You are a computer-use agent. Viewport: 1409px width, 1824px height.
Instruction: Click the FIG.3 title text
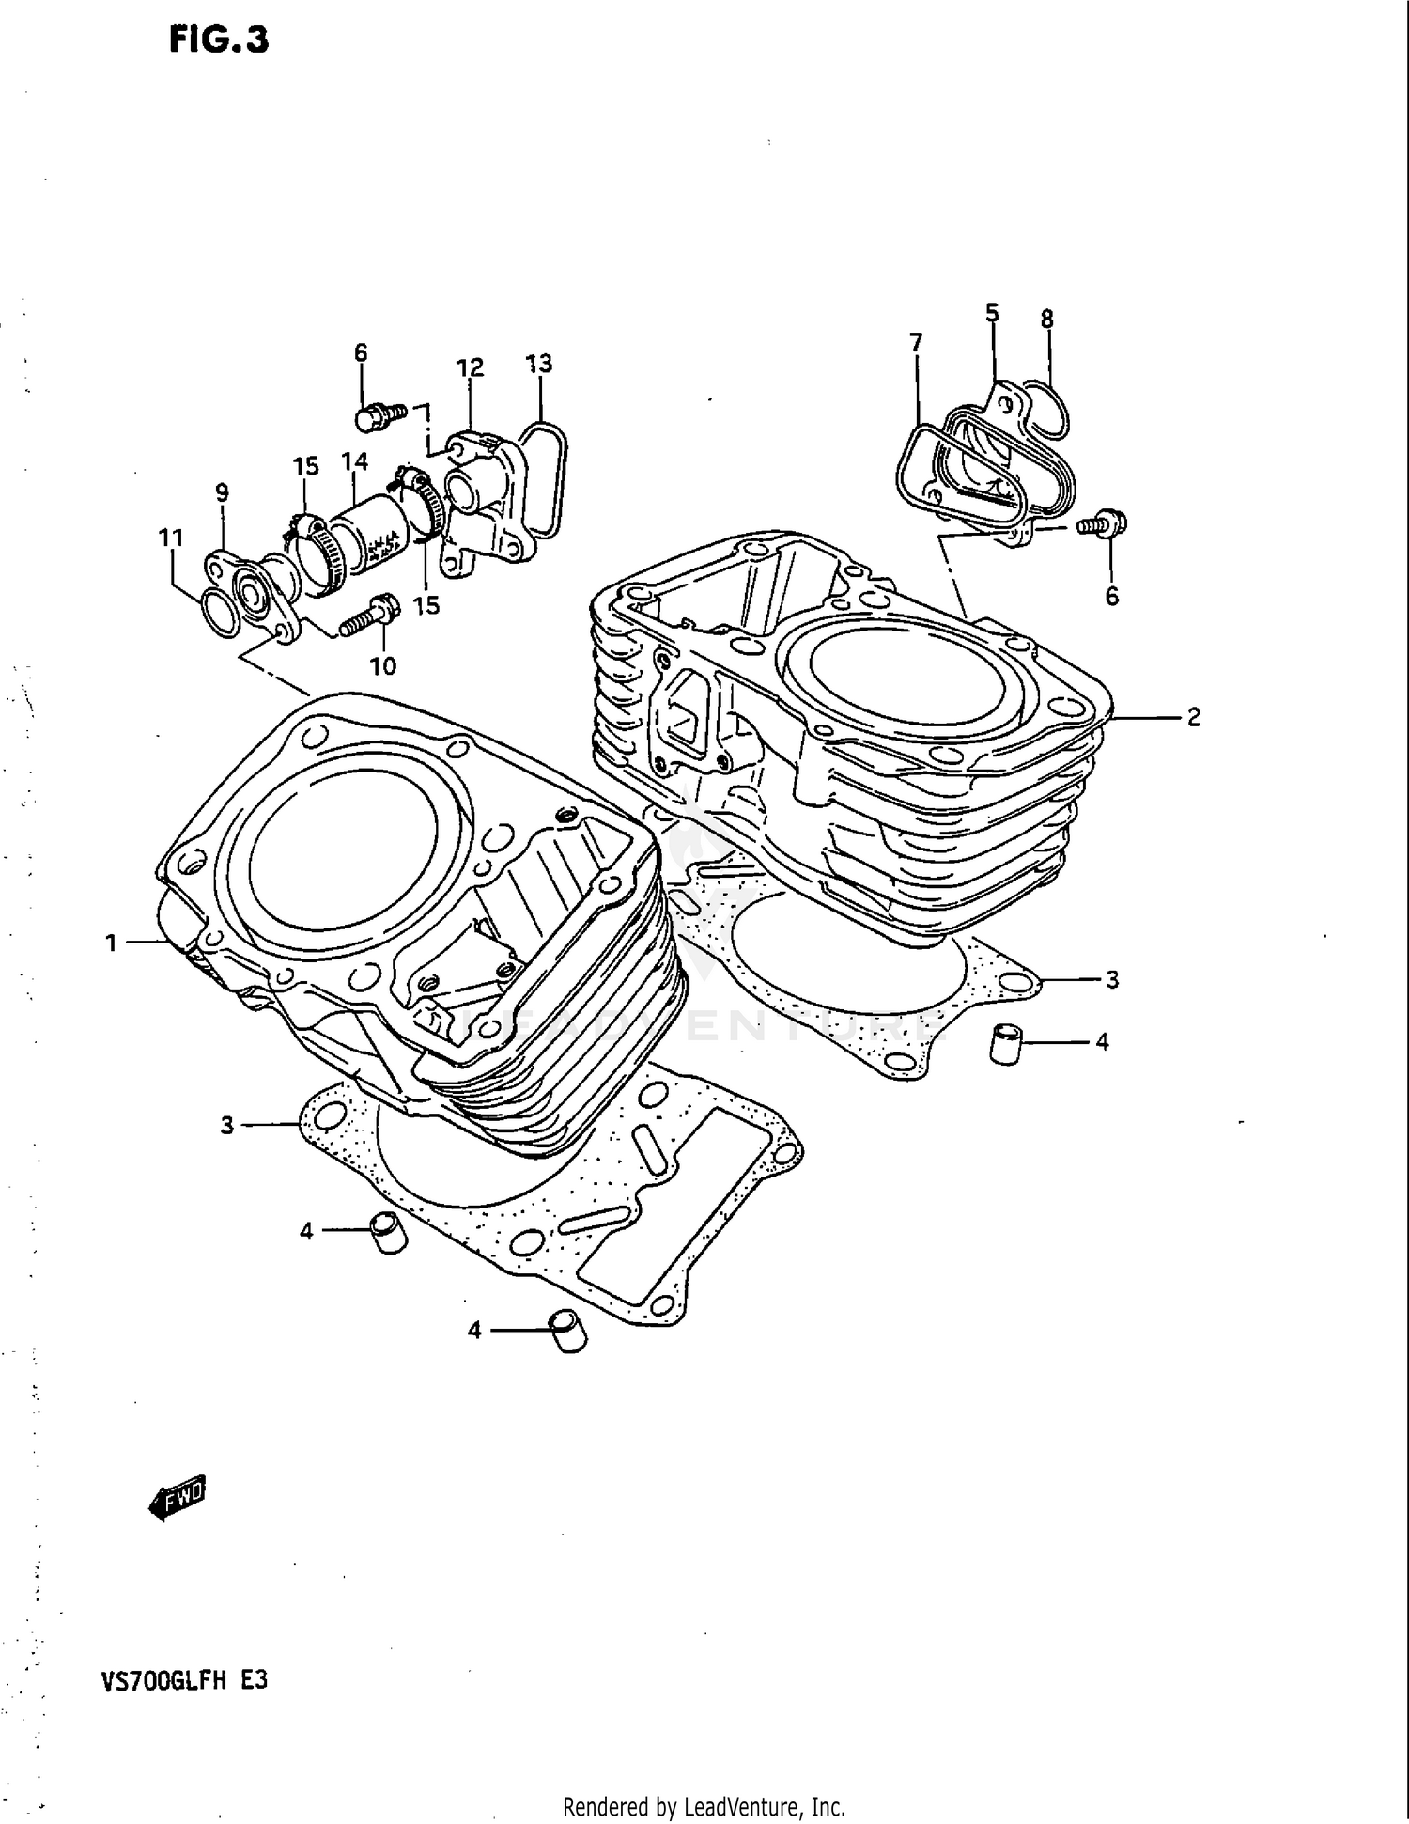tap(219, 39)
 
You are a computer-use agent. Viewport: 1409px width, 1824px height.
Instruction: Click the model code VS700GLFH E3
tap(184, 1679)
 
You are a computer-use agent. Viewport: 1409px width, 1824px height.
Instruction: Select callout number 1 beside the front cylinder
tap(111, 943)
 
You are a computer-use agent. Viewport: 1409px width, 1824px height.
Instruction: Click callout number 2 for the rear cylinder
tap(1193, 718)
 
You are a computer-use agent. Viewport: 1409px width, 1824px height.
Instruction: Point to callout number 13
tap(538, 364)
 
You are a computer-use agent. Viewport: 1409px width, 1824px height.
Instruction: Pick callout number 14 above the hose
tap(354, 461)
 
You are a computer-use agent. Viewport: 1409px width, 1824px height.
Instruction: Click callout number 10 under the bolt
tap(382, 666)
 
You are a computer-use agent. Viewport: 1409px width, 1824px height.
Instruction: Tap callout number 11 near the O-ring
tap(170, 538)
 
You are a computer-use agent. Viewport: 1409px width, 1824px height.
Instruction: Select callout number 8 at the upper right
tap(1046, 320)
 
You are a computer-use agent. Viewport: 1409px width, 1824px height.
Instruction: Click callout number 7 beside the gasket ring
tap(916, 342)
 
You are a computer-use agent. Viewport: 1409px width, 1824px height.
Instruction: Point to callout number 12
tap(470, 367)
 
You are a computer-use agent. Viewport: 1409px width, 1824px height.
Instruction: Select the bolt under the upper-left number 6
tap(378, 414)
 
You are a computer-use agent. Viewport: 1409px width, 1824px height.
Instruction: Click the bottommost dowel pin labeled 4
tap(567, 1332)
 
